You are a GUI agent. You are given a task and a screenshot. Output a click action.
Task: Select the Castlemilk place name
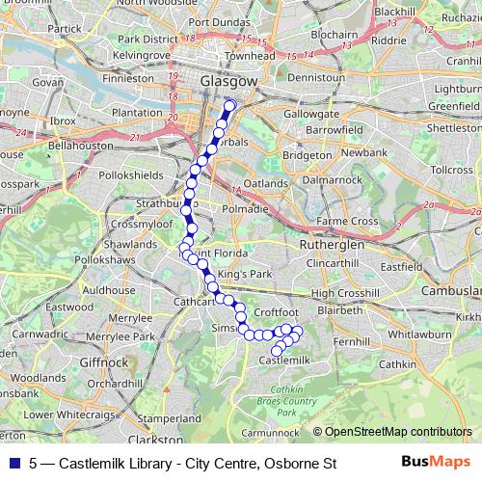[x=284, y=360]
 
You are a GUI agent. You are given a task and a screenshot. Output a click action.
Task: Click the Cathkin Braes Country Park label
[x=279, y=400]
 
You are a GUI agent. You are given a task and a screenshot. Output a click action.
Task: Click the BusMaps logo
[x=435, y=463]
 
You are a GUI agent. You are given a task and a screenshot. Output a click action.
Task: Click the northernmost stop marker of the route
[x=229, y=105]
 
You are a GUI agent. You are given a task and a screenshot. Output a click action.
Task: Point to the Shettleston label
[x=452, y=127]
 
